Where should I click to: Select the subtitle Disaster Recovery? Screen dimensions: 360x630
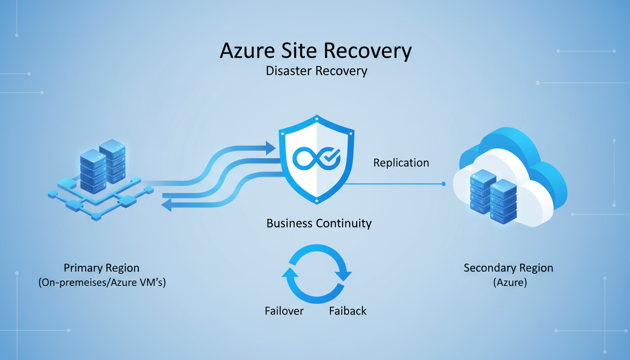pos(316,71)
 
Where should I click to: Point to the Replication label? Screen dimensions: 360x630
pos(401,163)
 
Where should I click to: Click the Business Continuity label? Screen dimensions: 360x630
pos(319,223)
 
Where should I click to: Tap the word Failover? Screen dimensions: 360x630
pos(284,311)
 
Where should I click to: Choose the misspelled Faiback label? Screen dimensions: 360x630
pos(348,311)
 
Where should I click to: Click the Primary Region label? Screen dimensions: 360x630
pos(101,268)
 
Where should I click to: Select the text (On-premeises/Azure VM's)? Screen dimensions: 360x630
pos(102,283)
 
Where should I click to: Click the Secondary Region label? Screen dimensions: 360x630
pos(508,268)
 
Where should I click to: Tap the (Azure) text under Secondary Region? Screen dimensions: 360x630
pos(509,283)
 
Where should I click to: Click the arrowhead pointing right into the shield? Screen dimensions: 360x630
pos(270,148)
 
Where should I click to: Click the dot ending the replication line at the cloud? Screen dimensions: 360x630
pos(443,184)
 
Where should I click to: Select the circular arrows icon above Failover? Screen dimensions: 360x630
pos(316,274)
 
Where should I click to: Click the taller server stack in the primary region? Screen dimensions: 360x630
pos(112,162)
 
